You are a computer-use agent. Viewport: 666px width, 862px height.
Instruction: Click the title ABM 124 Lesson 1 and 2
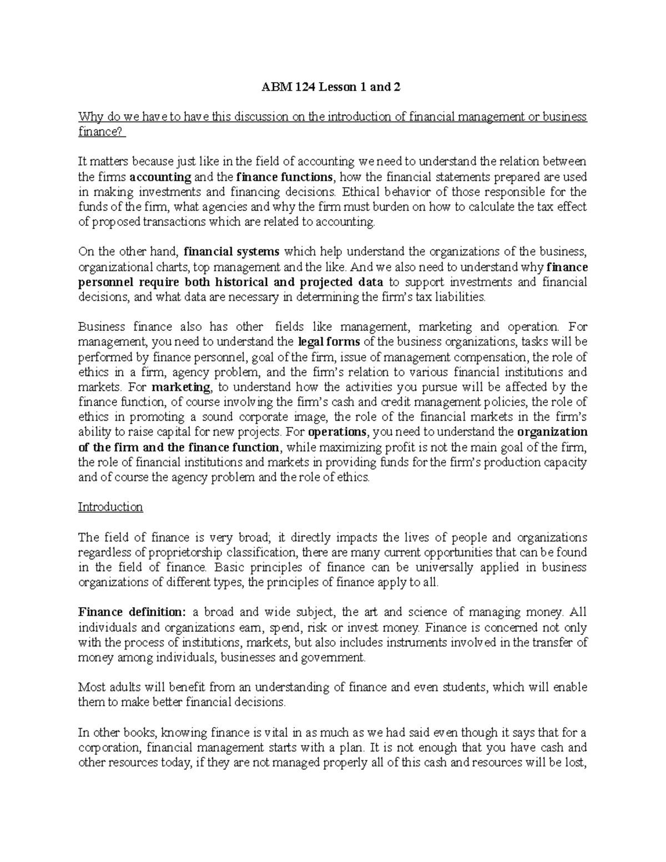(x=332, y=87)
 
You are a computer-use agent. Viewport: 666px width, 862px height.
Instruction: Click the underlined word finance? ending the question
(x=102, y=132)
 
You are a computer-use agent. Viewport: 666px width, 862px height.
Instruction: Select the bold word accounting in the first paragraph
(x=160, y=177)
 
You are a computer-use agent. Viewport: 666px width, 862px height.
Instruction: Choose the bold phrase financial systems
(x=231, y=252)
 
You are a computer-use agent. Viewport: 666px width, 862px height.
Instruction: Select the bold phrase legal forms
(x=329, y=342)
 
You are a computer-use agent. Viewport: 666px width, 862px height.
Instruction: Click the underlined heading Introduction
(x=110, y=507)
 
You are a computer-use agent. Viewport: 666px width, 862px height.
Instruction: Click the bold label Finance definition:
(x=132, y=612)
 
